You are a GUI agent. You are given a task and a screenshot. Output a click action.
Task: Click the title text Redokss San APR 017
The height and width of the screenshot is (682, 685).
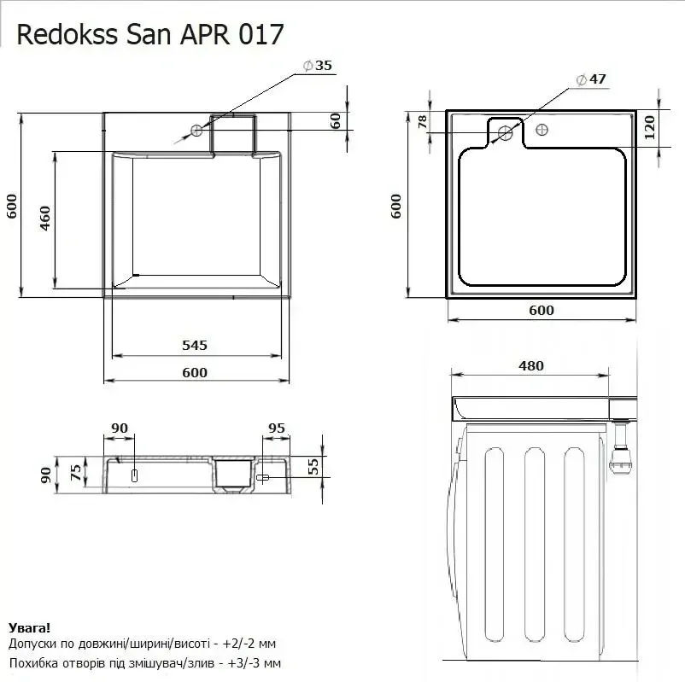click(x=150, y=34)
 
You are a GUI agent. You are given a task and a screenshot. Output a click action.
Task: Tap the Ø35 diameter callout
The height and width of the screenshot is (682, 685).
click(x=318, y=66)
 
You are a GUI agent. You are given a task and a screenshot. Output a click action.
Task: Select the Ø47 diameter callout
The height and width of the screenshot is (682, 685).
click(x=591, y=79)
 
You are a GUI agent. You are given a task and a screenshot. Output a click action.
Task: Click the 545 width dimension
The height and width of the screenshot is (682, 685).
click(x=195, y=346)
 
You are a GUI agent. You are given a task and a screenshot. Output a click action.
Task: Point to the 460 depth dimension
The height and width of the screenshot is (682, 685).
click(x=45, y=219)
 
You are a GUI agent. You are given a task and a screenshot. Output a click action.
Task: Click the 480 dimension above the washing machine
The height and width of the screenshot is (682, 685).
click(x=531, y=365)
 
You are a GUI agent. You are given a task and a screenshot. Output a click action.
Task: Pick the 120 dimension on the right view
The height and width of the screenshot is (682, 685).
click(x=650, y=127)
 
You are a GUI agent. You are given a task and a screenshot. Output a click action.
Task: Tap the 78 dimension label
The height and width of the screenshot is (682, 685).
click(x=423, y=122)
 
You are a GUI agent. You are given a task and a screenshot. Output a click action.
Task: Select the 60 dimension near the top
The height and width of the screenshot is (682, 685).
click(x=335, y=121)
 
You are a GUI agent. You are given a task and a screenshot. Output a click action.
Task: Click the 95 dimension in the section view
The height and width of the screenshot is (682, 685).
click(x=277, y=428)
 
